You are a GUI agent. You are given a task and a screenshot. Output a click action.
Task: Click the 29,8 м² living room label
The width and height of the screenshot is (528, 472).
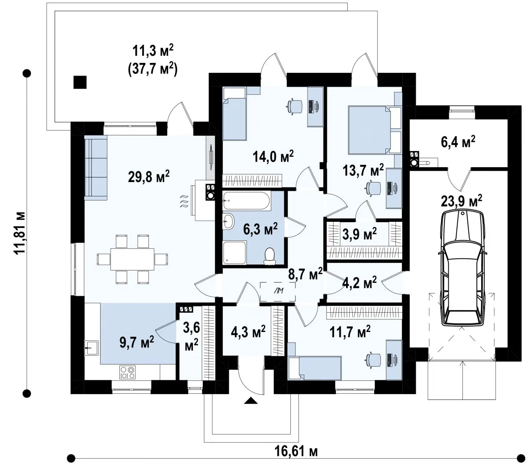[148, 176]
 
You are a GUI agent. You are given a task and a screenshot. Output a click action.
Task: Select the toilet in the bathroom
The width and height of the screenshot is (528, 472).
[269, 256]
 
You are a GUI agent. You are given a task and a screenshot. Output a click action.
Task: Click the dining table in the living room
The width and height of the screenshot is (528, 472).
[132, 259]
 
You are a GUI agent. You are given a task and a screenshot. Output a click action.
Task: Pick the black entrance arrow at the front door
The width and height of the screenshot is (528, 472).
[251, 400]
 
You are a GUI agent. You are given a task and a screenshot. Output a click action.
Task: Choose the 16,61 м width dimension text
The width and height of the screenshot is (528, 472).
[296, 452]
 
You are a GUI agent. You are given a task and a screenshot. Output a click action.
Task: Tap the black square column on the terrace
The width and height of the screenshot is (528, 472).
[80, 82]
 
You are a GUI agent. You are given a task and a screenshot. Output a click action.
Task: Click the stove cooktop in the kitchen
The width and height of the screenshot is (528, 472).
[127, 372]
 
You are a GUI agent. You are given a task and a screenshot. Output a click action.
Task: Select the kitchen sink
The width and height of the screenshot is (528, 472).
[91, 348]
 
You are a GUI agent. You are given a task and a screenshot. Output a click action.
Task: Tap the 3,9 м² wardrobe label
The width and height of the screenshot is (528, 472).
[359, 234]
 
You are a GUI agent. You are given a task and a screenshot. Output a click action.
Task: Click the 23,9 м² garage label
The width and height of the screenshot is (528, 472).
[462, 201]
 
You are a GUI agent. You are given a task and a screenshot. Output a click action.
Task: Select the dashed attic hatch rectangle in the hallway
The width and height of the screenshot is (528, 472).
[277, 291]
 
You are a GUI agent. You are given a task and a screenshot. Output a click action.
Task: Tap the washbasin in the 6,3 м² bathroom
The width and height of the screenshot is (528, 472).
[228, 221]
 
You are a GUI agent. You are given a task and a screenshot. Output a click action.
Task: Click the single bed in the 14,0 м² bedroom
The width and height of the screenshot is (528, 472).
[234, 114]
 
